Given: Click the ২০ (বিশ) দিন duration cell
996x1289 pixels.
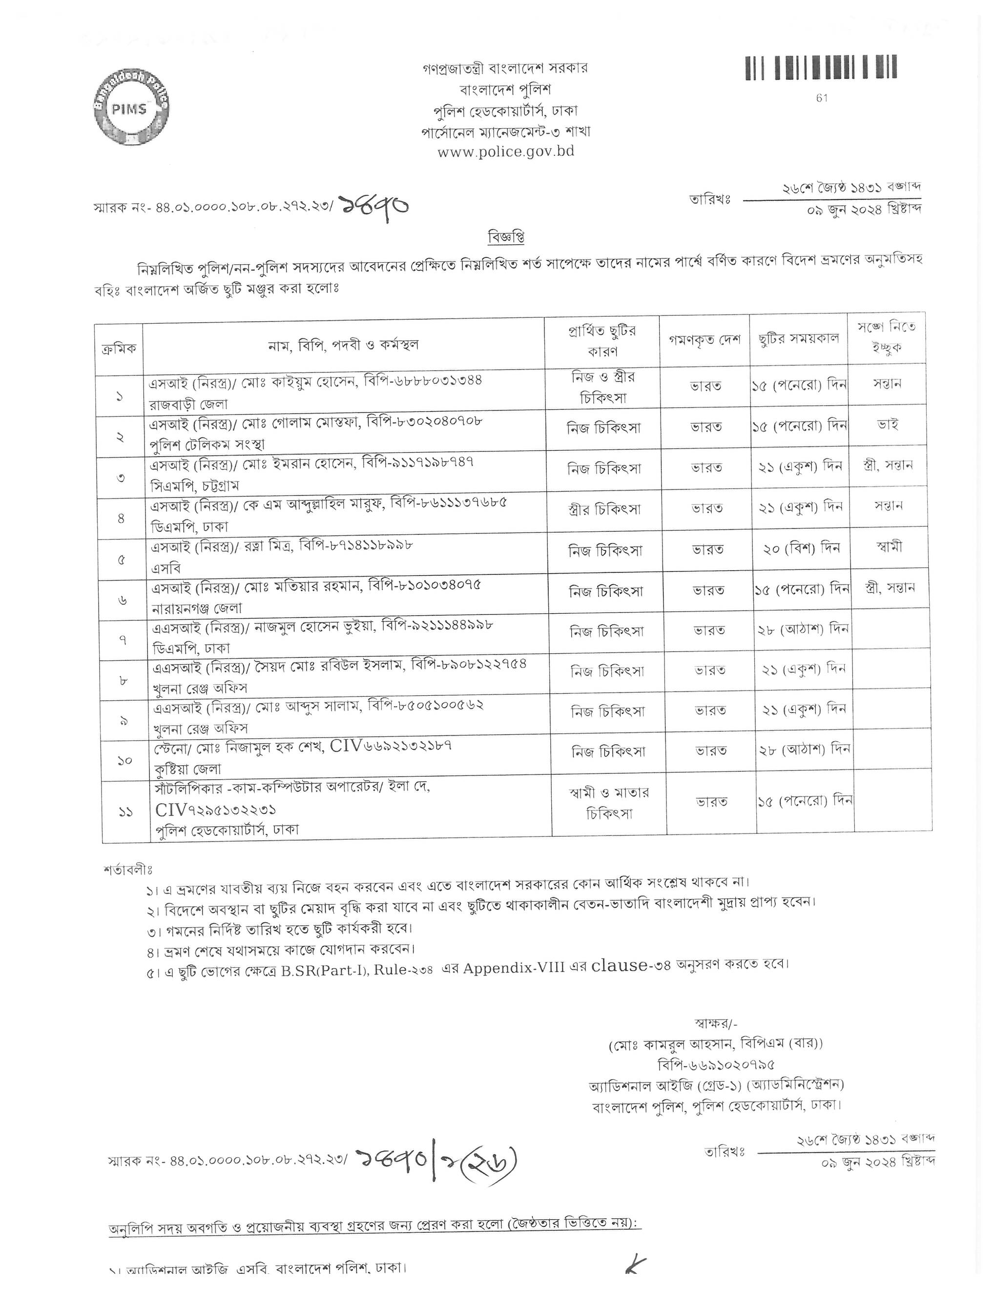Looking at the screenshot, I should (x=800, y=548).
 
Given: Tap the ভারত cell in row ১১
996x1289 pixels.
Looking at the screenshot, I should (x=711, y=802).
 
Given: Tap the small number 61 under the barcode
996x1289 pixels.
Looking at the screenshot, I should (x=822, y=99).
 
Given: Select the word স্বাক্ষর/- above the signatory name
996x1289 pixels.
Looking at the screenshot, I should (x=713, y=1023).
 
